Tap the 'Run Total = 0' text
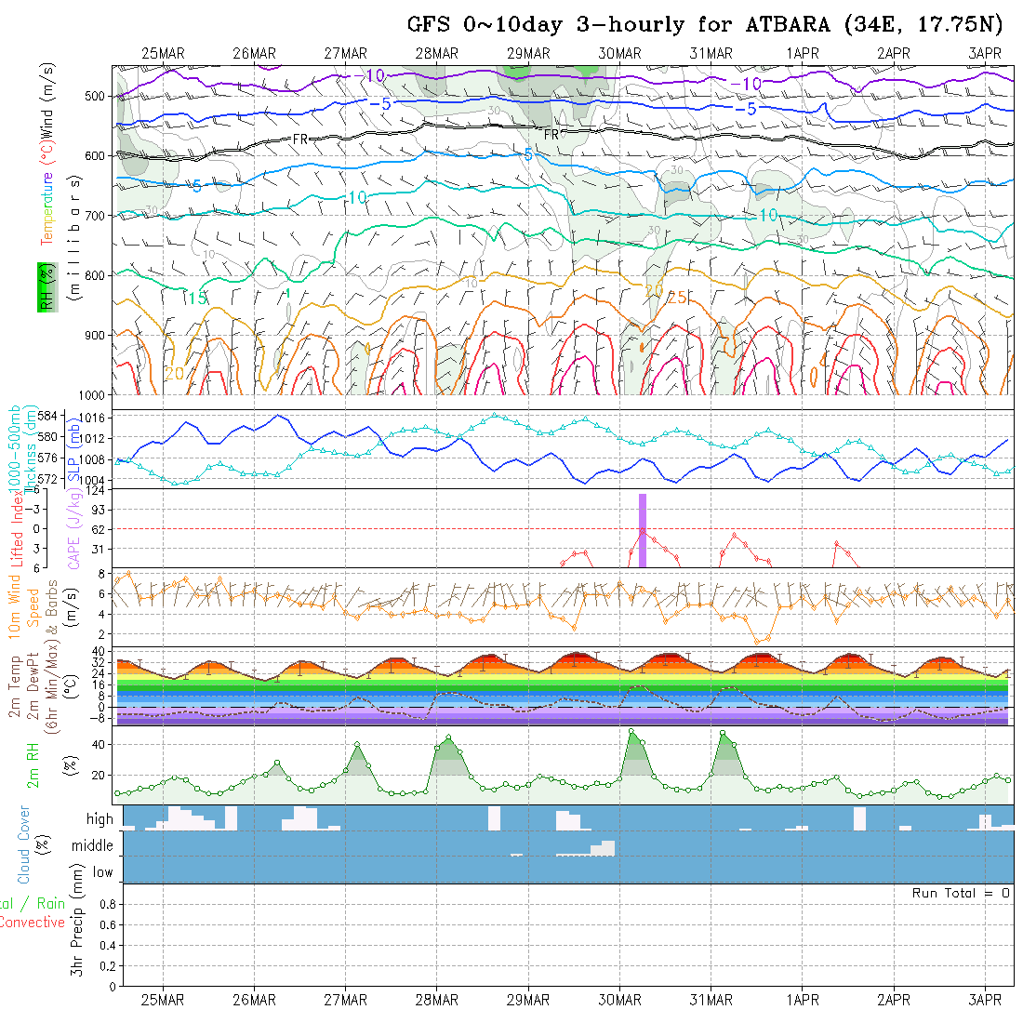click(961, 893)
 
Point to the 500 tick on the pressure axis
click(98, 96)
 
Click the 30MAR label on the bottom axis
click(619, 1000)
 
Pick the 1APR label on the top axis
click(802, 54)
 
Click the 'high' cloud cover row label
click(100, 819)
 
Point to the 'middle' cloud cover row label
click(93, 845)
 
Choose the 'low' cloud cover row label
click(102, 872)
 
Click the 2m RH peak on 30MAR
click(631, 731)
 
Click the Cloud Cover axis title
click(25, 844)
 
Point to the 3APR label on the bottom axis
click(985, 1000)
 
